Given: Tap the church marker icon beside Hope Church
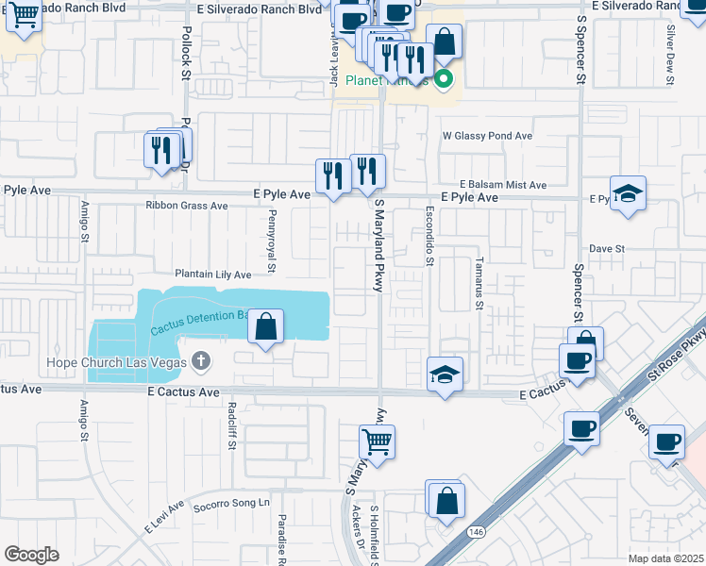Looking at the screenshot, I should point(199,360).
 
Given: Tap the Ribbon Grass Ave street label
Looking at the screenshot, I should point(187,206).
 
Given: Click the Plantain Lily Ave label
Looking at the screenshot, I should point(211,275).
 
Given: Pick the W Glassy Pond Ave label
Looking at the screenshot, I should point(488,136).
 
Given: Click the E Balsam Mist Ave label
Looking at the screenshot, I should point(503,185).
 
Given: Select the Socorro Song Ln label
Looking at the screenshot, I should point(231,504).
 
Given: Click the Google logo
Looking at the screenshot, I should point(32,554).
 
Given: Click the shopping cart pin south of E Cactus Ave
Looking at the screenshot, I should point(378,441).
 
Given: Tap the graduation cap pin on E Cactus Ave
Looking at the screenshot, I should point(445,375).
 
